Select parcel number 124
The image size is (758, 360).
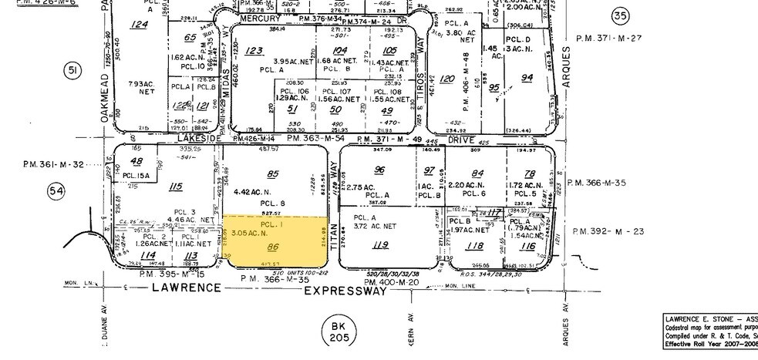coord(139,25)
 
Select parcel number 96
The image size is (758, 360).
coord(379,170)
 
